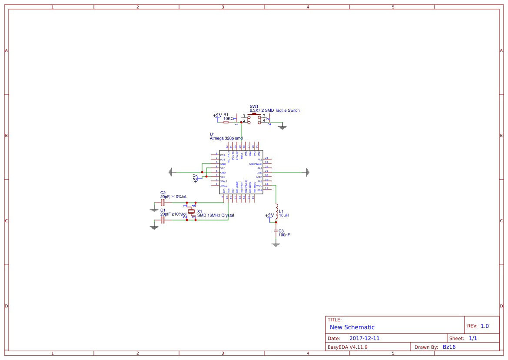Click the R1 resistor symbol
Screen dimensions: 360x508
coord(226,122)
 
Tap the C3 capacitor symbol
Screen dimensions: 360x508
coord(276,231)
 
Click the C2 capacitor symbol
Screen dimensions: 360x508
coord(163,203)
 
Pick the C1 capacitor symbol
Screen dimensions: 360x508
coord(163,220)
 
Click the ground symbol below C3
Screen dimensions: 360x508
coord(276,244)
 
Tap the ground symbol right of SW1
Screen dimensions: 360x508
coord(282,127)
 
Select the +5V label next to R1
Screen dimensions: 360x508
coord(217,116)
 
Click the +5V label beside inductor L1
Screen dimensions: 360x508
coord(269,216)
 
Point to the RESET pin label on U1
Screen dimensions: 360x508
coord(242,153)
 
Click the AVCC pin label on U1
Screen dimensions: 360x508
coord(259,186)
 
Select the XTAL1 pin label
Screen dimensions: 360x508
coord(224,181)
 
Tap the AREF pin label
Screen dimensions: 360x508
coord(259,177)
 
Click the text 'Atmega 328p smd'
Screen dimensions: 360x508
coord(226,138)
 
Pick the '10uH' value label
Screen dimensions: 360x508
coord(284,215)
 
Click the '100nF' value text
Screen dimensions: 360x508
coord(284,235)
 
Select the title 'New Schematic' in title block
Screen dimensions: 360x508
coord(352,327)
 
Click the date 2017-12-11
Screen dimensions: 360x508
coord(364,338)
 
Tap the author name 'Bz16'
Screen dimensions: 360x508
coord(449,347)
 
